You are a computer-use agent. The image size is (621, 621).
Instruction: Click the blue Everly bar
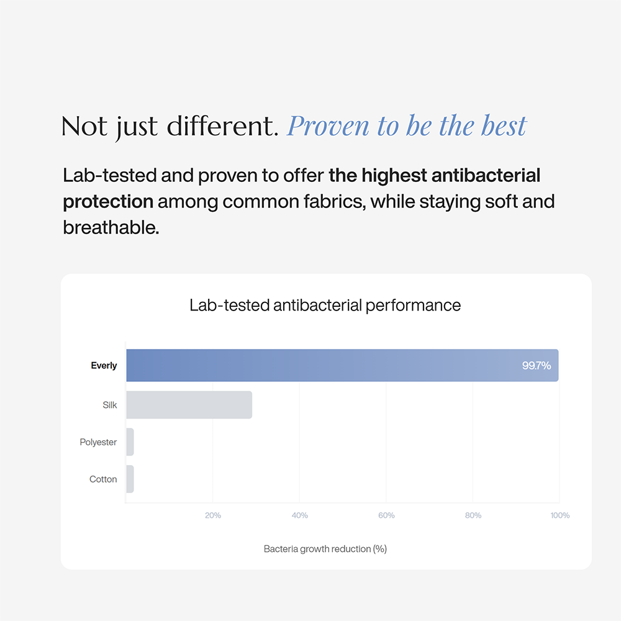pyautogui.click(x=342, y=365)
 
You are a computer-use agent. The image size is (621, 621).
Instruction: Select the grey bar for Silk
pyautogui.click(x=189, y=405)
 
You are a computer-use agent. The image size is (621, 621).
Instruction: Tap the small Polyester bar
pyautogui.click(x=130, y=442)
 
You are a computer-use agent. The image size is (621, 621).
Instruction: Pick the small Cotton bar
pyautogui.click(x=130, y=479)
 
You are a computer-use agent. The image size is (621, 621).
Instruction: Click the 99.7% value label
pyautogui.click(x=537, y=365)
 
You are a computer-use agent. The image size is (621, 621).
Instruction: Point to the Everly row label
pyautogui.click(x=104, y=366)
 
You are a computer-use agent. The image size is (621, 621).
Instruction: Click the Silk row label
pyautogui.click(x=110, y=405)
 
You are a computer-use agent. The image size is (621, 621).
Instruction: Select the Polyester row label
pyautogui.click(x=98, y=442)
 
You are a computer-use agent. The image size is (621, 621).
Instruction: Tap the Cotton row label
pyautogui.click(x=103, y=479)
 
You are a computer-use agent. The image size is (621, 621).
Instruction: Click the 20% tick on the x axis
pyautogui.click(x=212, y=515)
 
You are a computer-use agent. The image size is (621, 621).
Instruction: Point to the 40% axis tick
pyautogui.click(x=299, y=515)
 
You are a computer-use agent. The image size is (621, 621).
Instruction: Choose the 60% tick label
pyautogui.click(x=386, y=515)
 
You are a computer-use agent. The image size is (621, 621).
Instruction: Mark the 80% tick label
pyautogui.click(x=473, y=515)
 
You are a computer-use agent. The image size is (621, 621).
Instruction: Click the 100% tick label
pyautogui.click(x=560, y=515)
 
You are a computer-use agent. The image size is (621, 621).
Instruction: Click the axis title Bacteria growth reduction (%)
pyautogui.click(x=325, y=549)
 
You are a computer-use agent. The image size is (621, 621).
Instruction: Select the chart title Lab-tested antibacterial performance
pyautogui.click(x=325, y=306)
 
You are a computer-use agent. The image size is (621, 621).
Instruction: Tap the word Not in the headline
pyautogui.click(x=84, y=126)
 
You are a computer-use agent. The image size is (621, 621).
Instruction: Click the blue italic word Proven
pyautogui.click(x=328, y=126)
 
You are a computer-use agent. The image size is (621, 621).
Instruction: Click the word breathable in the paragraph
pyautogui.click(x=111, y=228)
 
